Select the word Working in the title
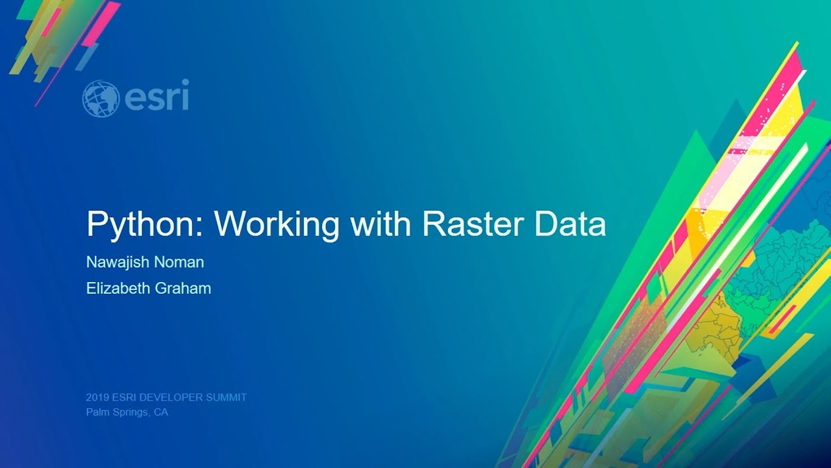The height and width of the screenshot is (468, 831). click(277, 224)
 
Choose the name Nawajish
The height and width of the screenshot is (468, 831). click(116, 263)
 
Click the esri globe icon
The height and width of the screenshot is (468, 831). click(101, 98)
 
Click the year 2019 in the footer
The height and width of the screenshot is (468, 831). click(97, 397)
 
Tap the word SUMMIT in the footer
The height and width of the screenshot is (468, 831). click(227, 397)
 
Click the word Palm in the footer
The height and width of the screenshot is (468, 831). click(95, 412)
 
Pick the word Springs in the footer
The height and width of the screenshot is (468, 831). click(129, 412)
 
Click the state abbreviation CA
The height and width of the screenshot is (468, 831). click(161, 412)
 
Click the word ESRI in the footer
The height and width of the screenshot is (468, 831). click(123, 397)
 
